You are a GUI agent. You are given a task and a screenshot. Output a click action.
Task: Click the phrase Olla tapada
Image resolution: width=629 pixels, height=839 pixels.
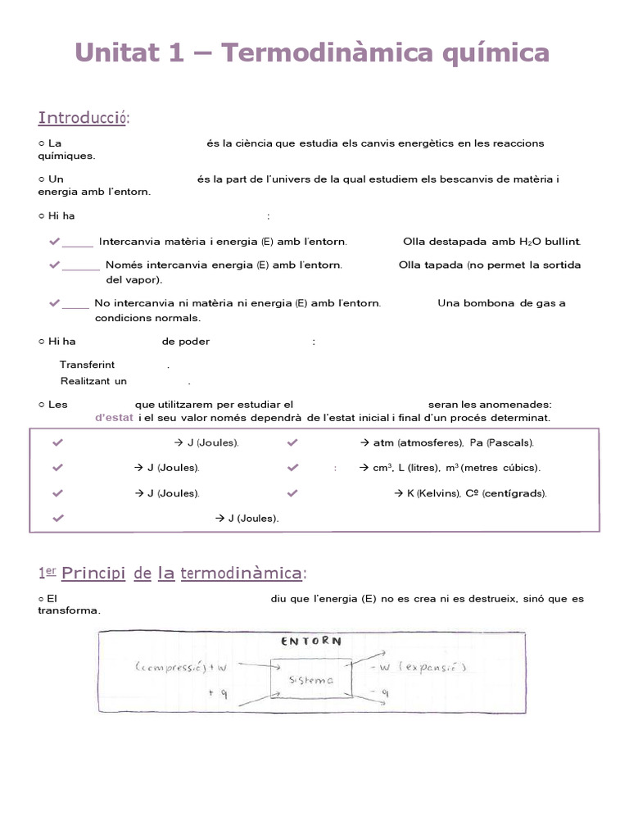click(431, 265)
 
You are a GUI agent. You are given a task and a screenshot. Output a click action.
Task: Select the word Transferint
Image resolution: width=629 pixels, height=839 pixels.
click(88, 365)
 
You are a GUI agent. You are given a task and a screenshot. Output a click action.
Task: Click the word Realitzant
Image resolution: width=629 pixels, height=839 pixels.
click(86, 381)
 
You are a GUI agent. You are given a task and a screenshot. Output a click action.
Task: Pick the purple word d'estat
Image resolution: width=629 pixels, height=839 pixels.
click(114, 418)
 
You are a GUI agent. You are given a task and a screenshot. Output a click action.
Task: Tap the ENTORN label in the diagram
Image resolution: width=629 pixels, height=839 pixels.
click(311, 642)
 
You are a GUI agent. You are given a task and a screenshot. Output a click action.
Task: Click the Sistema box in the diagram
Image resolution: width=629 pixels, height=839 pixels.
click(311, 680)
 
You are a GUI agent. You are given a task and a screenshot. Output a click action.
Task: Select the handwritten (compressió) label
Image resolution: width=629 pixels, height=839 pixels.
click(174, 668)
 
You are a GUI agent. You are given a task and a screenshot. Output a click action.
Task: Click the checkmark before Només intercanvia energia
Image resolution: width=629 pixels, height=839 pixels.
click(54, 265)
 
